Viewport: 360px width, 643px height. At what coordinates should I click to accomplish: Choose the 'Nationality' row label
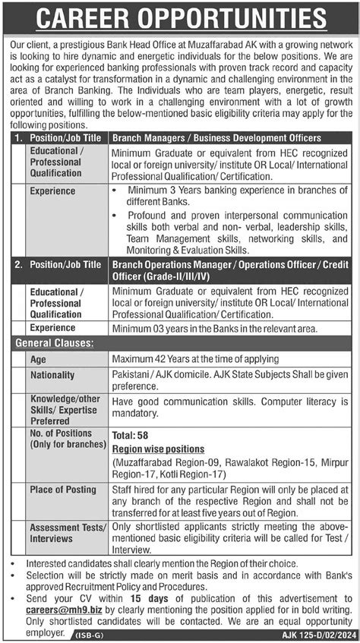[52, 375]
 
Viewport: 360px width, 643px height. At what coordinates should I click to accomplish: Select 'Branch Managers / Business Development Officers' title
[216, 137]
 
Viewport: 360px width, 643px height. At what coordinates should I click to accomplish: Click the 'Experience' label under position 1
[53, 191]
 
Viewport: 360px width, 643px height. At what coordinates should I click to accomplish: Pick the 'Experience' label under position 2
[53, 328]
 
